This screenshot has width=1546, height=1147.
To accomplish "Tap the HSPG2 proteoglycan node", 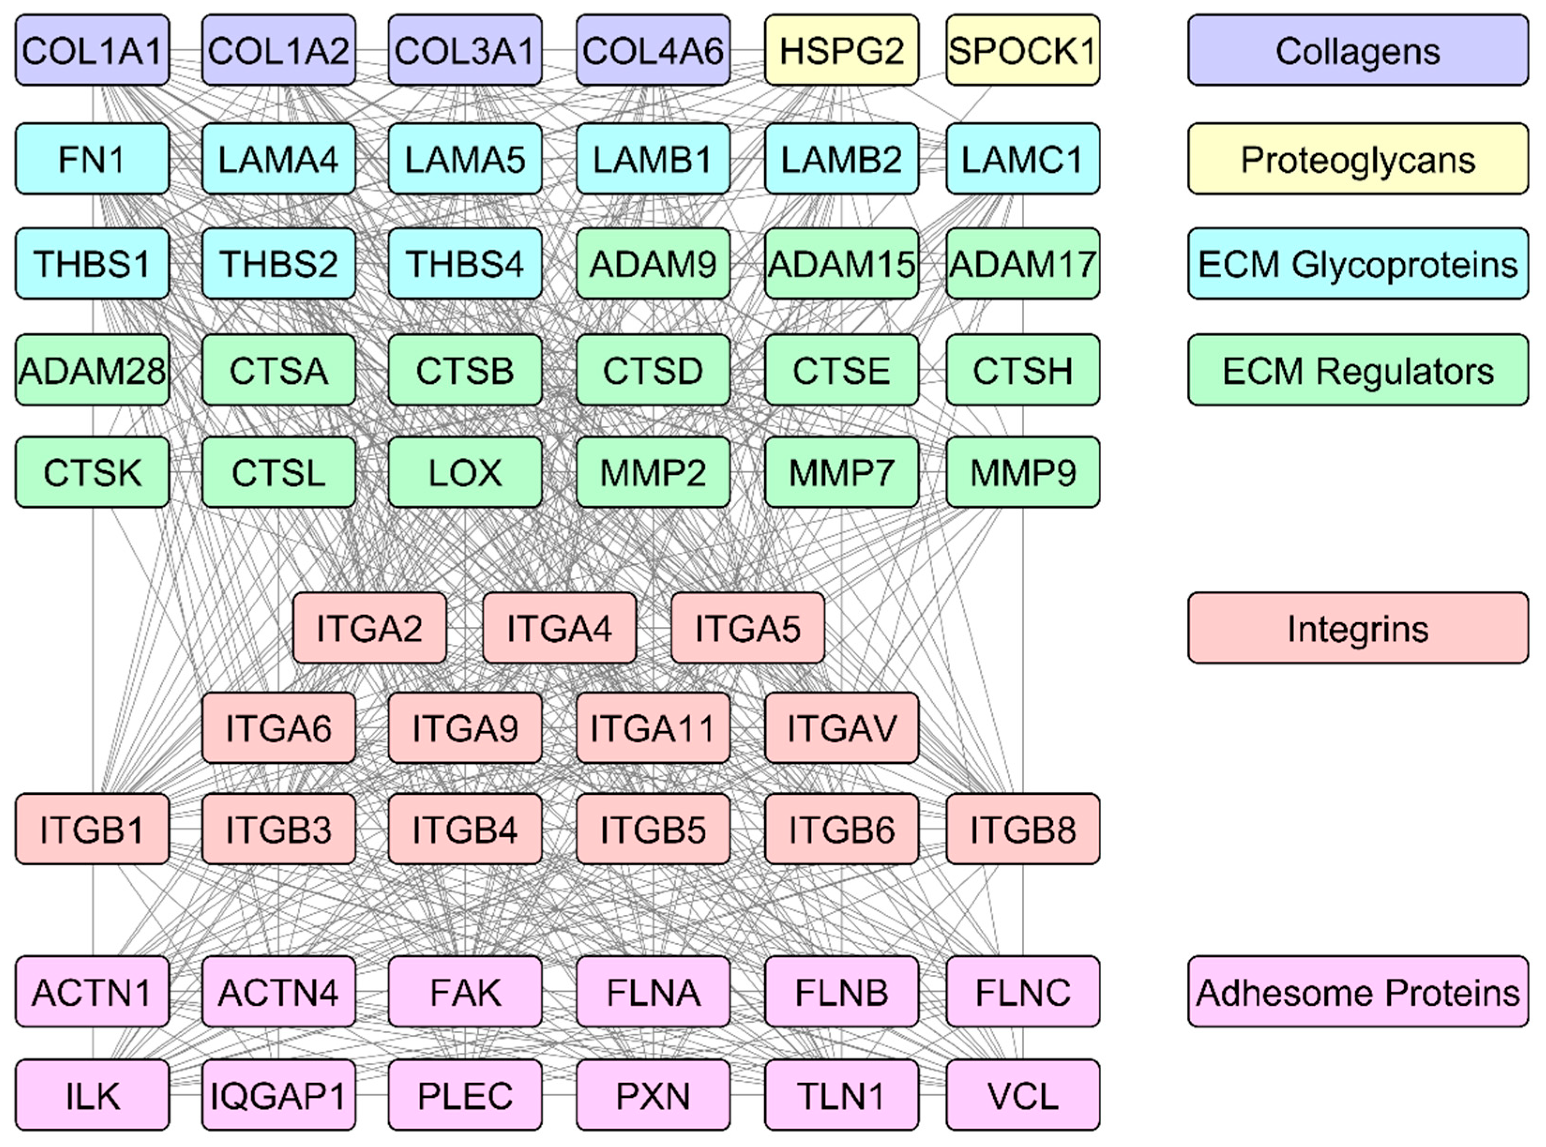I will [841, 51].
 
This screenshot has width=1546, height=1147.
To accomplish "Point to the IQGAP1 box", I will [279, 1095].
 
